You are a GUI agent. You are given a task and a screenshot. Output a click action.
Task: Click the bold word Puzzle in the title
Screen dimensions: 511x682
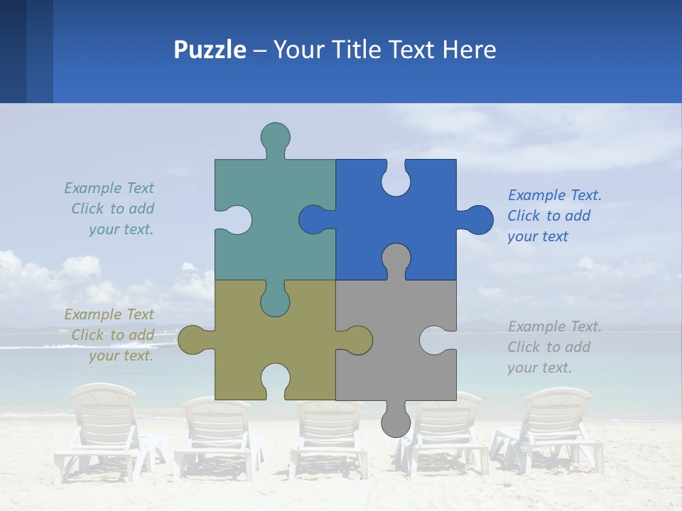[x=210, y=50]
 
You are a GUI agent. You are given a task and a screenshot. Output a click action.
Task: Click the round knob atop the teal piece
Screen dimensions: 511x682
[x=275, y=136]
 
